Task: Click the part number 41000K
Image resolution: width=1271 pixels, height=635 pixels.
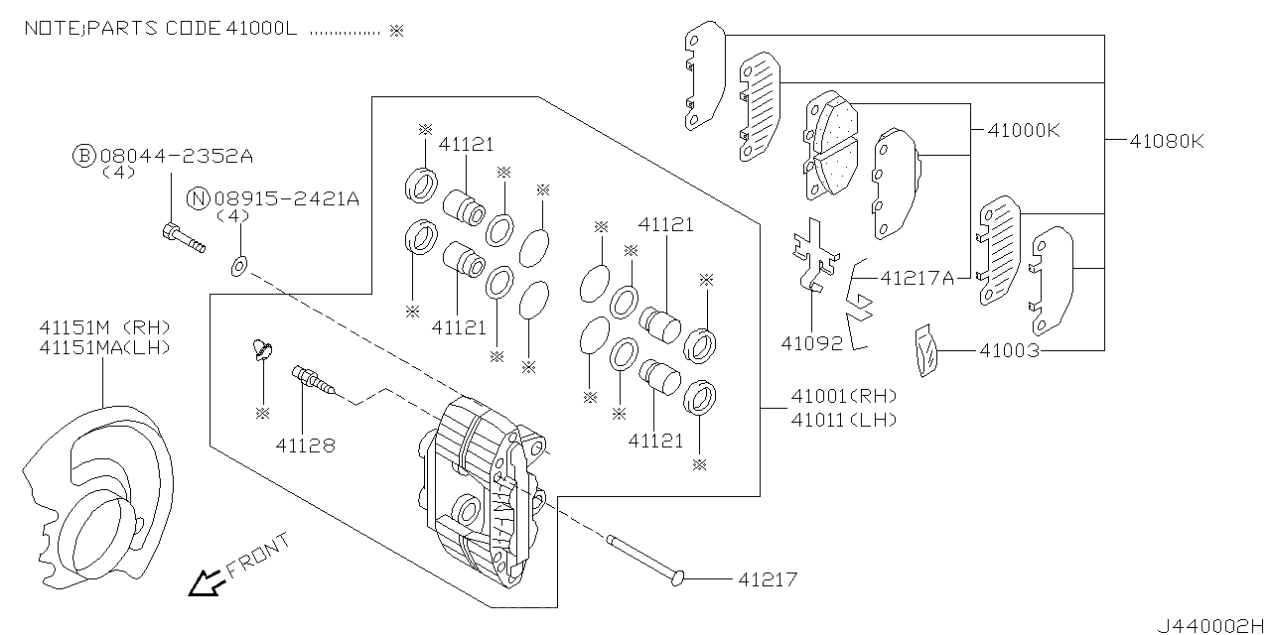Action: click(x=1025, y=130)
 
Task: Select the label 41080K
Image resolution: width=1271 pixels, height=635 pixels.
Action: click(x=1166, y=141)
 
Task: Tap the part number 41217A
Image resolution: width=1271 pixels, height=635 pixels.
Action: click(x=918, y=279)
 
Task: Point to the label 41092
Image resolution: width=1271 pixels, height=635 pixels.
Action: click(x=811, y=343)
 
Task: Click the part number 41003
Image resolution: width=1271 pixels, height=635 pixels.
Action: click(x=1010, y=350)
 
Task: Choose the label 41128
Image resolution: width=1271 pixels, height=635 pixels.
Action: click(x=306, y=445)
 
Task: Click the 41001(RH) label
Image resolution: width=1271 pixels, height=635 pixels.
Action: click(x=843, y=397)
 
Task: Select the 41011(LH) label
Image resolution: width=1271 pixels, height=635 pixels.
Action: click(x=843, y=419)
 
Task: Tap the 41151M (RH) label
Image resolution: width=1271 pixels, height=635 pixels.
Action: click(x=104, y=326)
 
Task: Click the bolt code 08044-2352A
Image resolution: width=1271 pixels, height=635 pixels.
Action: click(x=177, y=156)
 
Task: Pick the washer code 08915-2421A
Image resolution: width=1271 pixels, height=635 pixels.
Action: click(x=285, y=198)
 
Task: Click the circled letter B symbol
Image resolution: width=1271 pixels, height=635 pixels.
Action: click(x=85, y=156)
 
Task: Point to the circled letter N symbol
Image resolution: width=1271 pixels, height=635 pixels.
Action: click(x=199, y=198)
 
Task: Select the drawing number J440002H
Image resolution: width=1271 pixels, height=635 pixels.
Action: click(x=1210, y=625)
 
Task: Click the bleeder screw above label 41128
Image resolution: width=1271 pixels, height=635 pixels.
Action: click(x=310, y=378)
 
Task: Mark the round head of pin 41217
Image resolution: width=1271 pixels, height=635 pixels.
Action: click(x=678, y=576)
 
